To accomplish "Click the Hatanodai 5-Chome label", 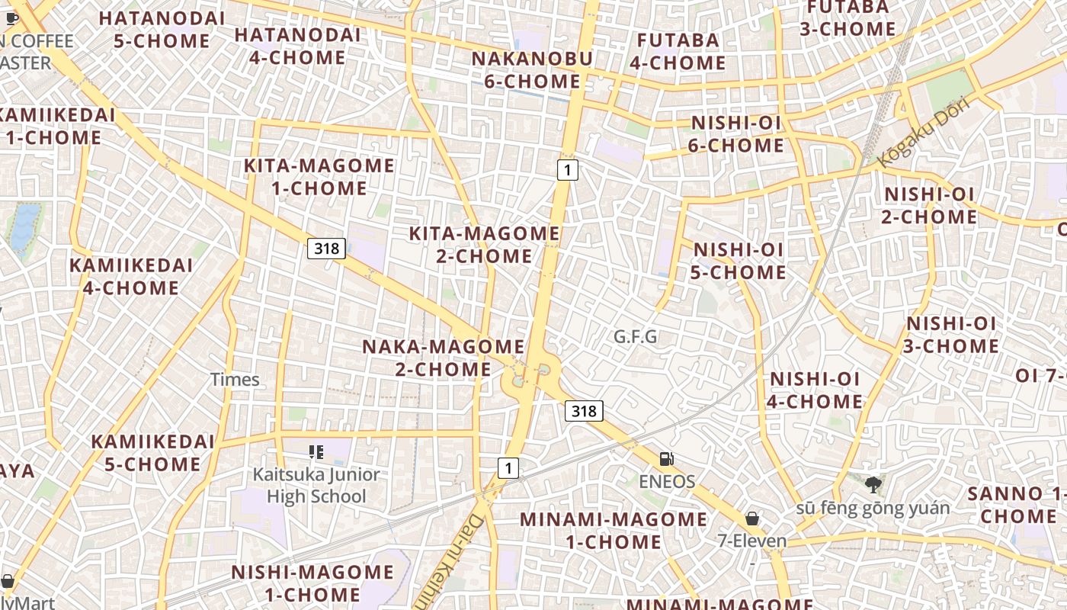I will click(x=162, y=29).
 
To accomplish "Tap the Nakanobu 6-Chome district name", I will click(x=532, y=69).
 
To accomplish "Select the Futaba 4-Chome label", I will click(x=678, y=51).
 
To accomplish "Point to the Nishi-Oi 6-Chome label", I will click(x=736, y=134).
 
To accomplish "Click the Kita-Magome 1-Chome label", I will click(x=319, y=177).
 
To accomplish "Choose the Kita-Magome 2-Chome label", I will click(x=485, y=245).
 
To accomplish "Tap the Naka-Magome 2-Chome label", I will click(x=443, y=358).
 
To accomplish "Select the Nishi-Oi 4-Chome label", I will click(x=815, y=390).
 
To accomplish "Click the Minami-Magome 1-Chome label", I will click(x=614, y=531).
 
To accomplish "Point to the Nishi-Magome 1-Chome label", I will click(x=312, y=583).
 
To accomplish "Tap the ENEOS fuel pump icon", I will click(x=667, y=459).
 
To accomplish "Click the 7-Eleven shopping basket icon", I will click(x=752, y=518).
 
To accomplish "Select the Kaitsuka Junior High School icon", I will click(x=316, y=452).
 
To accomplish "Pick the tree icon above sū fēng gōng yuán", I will click(x=873, y=483).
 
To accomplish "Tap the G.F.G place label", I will click(x=636, y=336).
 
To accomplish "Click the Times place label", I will click(x=235, y=379).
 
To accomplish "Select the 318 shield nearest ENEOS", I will click(x=584, y=412).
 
